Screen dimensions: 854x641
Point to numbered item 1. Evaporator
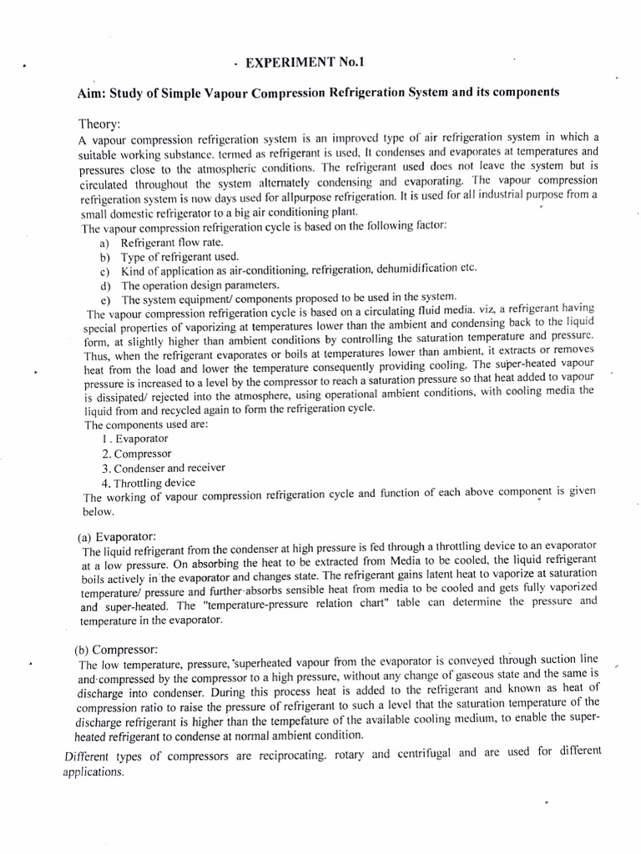tap(134, 439)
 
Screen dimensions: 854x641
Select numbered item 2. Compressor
tap(137, 454)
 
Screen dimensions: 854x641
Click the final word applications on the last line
tap(93, 772)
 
